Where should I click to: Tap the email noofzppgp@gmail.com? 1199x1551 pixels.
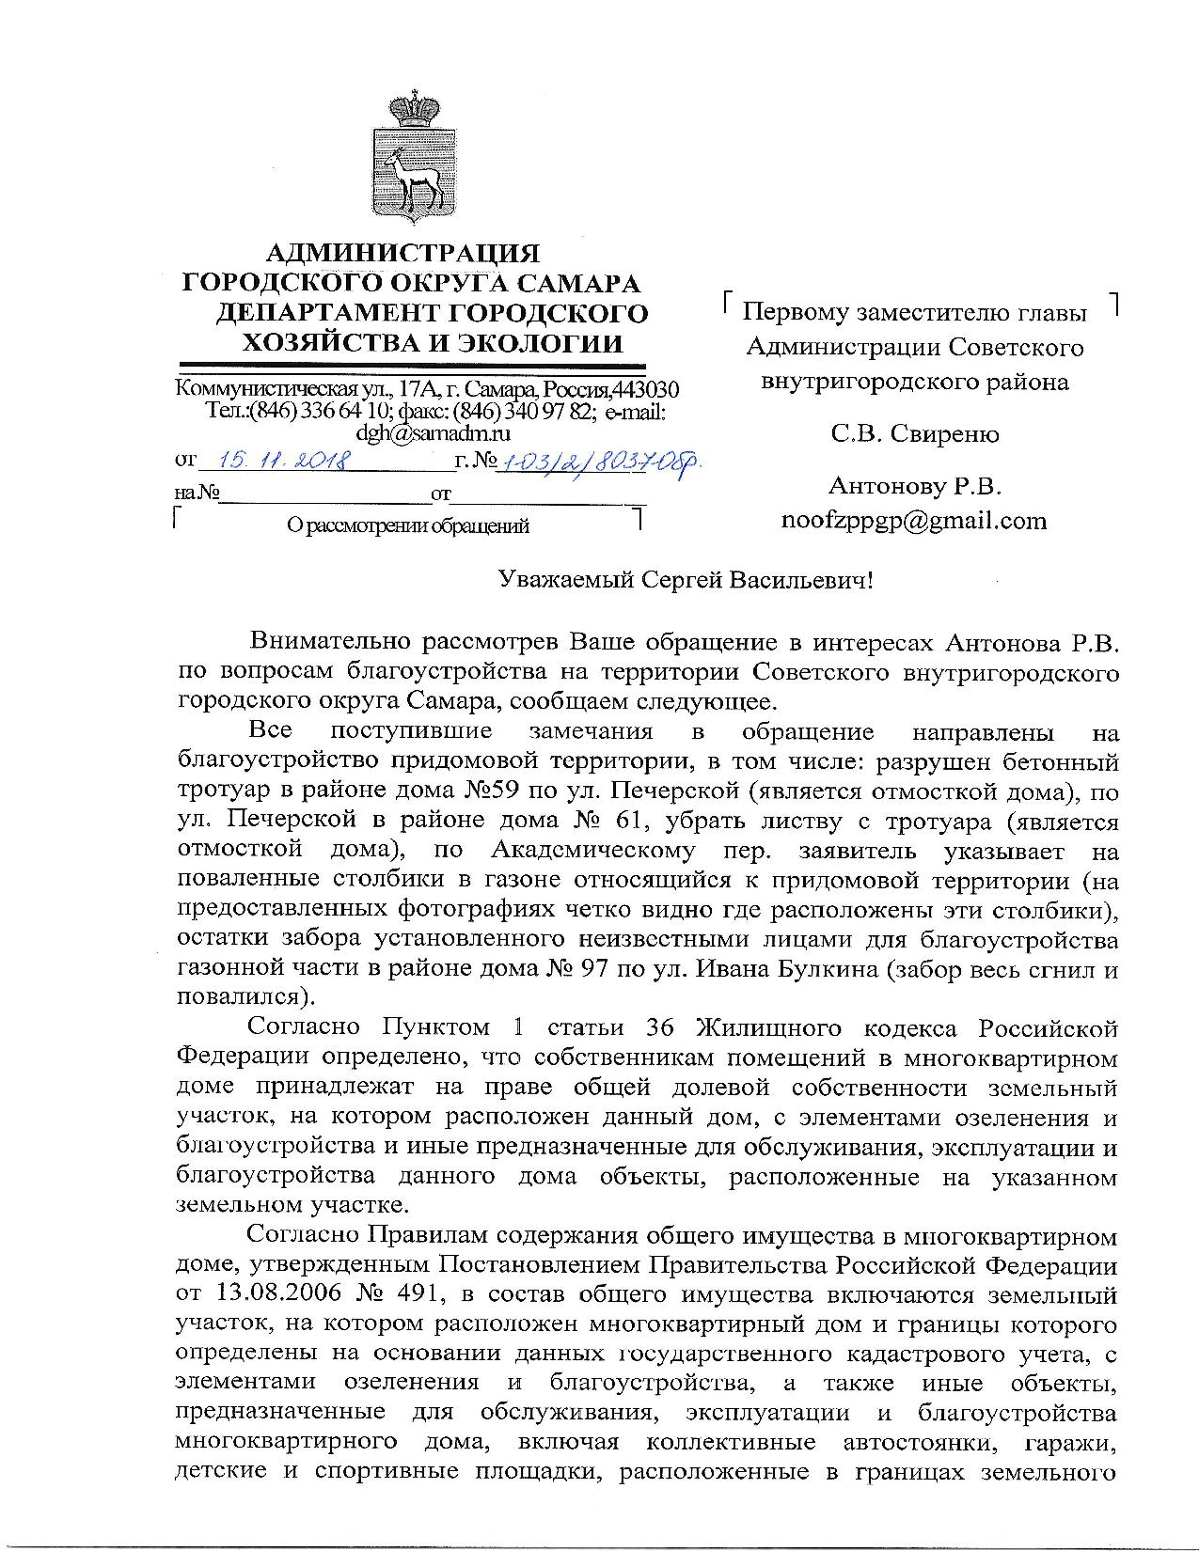pyautogui.click(x=914, y=521)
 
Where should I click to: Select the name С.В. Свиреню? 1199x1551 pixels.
pyautogui.click(x=914, y=434)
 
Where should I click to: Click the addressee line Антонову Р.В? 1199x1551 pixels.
pyautogui.click(x=914, y=486)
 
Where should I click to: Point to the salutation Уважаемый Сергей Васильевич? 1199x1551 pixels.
pyautogui.click(x=686, y=580)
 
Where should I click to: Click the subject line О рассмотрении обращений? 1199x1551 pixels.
pyautogui.click(x=407, y=526)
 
